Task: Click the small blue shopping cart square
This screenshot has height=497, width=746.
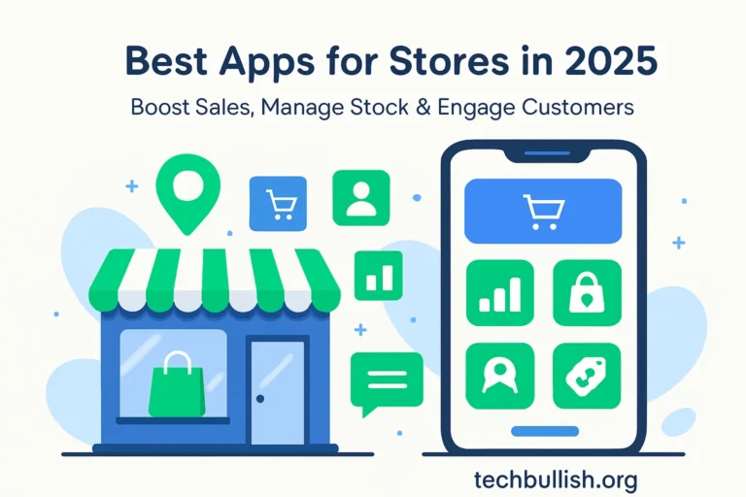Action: coord(278,204)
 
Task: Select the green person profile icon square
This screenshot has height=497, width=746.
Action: coord(360,197)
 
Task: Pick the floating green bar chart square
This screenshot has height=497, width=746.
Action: coord(379,275)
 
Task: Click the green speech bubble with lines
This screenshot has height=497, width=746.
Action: coord(386,381)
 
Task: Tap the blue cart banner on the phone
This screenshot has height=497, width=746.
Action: coord(543,211)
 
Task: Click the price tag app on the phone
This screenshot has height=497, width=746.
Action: coord(586,376)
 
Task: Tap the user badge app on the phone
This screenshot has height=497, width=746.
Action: coord(499,376)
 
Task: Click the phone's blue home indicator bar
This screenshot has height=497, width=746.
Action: coord(544,430)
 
